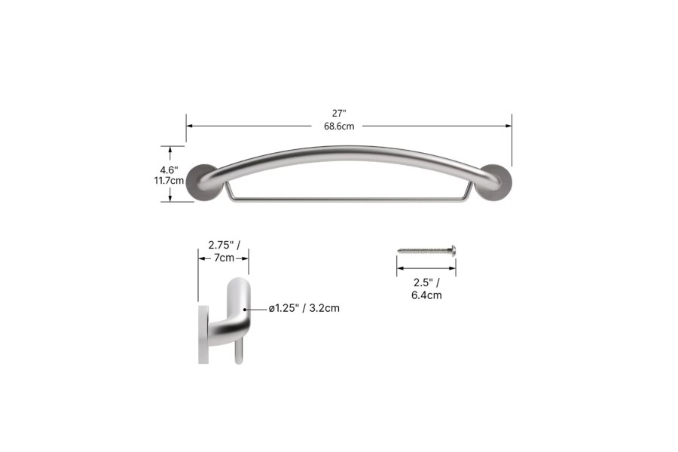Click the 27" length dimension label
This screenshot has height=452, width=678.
349,113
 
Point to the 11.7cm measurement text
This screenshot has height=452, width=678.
168,181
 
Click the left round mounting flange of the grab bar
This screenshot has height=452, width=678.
200,182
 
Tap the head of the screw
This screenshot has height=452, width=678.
453,248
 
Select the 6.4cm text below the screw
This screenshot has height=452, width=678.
426,295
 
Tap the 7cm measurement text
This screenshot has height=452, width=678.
224,258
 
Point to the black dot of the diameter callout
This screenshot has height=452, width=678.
244,308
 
